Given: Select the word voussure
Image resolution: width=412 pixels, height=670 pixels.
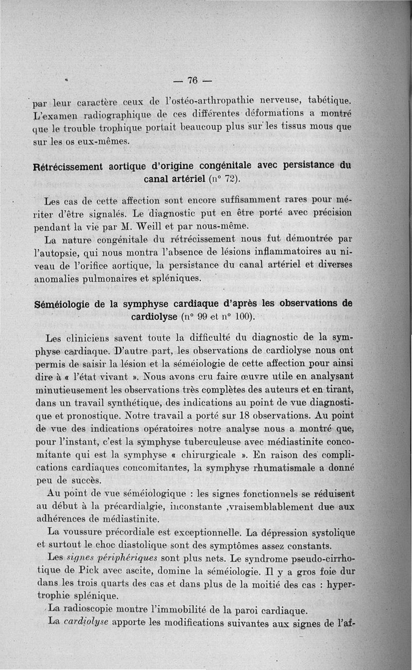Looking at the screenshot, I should (x=88, y=532).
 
